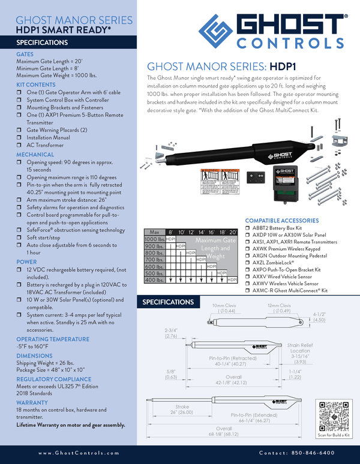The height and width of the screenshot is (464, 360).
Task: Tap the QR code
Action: point(333,414)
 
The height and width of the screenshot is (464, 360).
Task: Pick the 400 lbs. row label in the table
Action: point(155,280)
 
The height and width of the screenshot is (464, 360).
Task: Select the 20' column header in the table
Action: point(233,232)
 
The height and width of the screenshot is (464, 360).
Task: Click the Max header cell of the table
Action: point(154,232)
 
